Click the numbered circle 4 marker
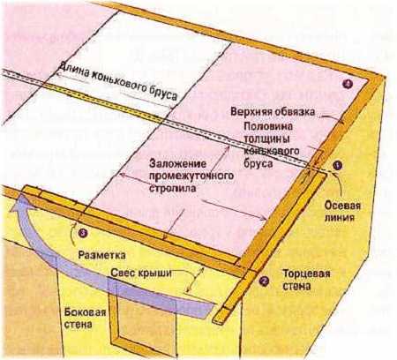click(348, 84)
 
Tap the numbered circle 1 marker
click(338, 166)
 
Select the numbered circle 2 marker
click(264, 281)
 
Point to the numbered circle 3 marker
click(83, 233)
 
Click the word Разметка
click(101, 255)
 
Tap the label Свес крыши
click(141, 273)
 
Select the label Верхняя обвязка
click(273, 112)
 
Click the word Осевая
click(342, 206)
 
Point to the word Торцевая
click(306, 274)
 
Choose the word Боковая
click(85, 311)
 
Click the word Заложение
click(178, 163)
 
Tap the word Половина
click(268, 126)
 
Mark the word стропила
click(172, 188)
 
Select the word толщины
click(266, 139)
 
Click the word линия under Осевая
click(339, 218)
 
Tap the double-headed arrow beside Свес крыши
click(195, 281)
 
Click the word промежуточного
click(191, 176)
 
